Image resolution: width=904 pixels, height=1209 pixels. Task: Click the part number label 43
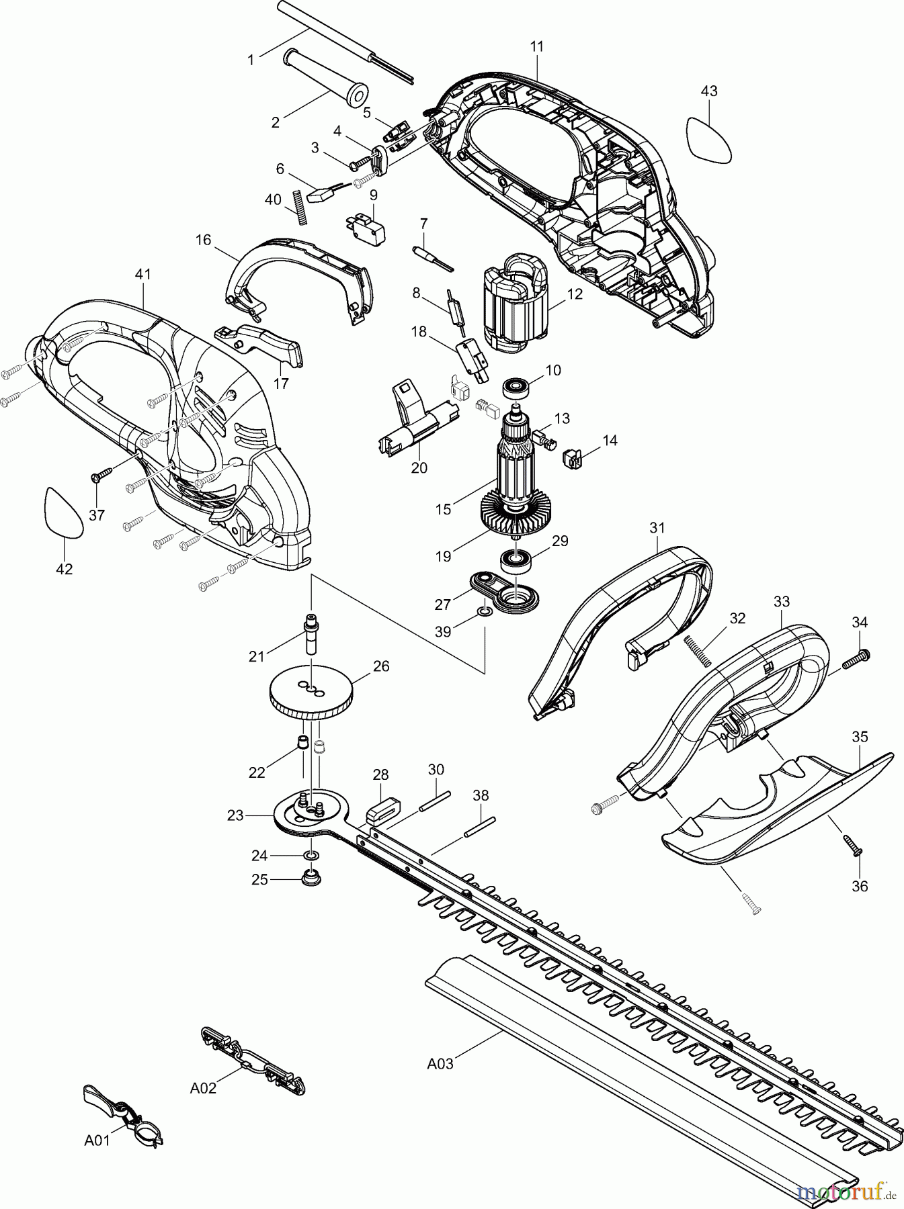click(x=709, y=91)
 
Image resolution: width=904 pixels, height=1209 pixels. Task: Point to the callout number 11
click(x=537, y=46)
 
